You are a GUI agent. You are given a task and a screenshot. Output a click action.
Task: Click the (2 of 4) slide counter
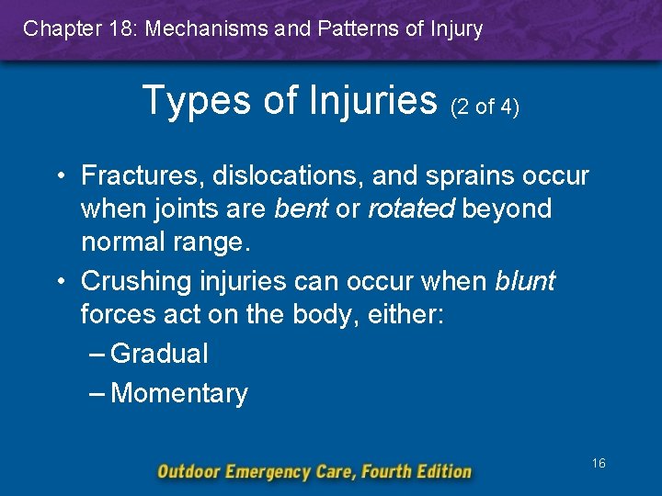(x=485, y=107)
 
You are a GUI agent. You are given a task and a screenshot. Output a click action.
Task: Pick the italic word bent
(x=302, y=209)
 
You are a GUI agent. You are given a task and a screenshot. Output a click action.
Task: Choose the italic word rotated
(x=411, y=209)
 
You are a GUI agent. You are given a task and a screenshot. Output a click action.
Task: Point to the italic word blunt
(x=524, y=281)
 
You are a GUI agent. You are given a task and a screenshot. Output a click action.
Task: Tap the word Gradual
(x=158, y=354)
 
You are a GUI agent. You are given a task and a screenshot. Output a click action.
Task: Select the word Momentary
(x=178, y=394)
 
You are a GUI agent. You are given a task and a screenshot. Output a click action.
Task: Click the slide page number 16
(x=598, y=464)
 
